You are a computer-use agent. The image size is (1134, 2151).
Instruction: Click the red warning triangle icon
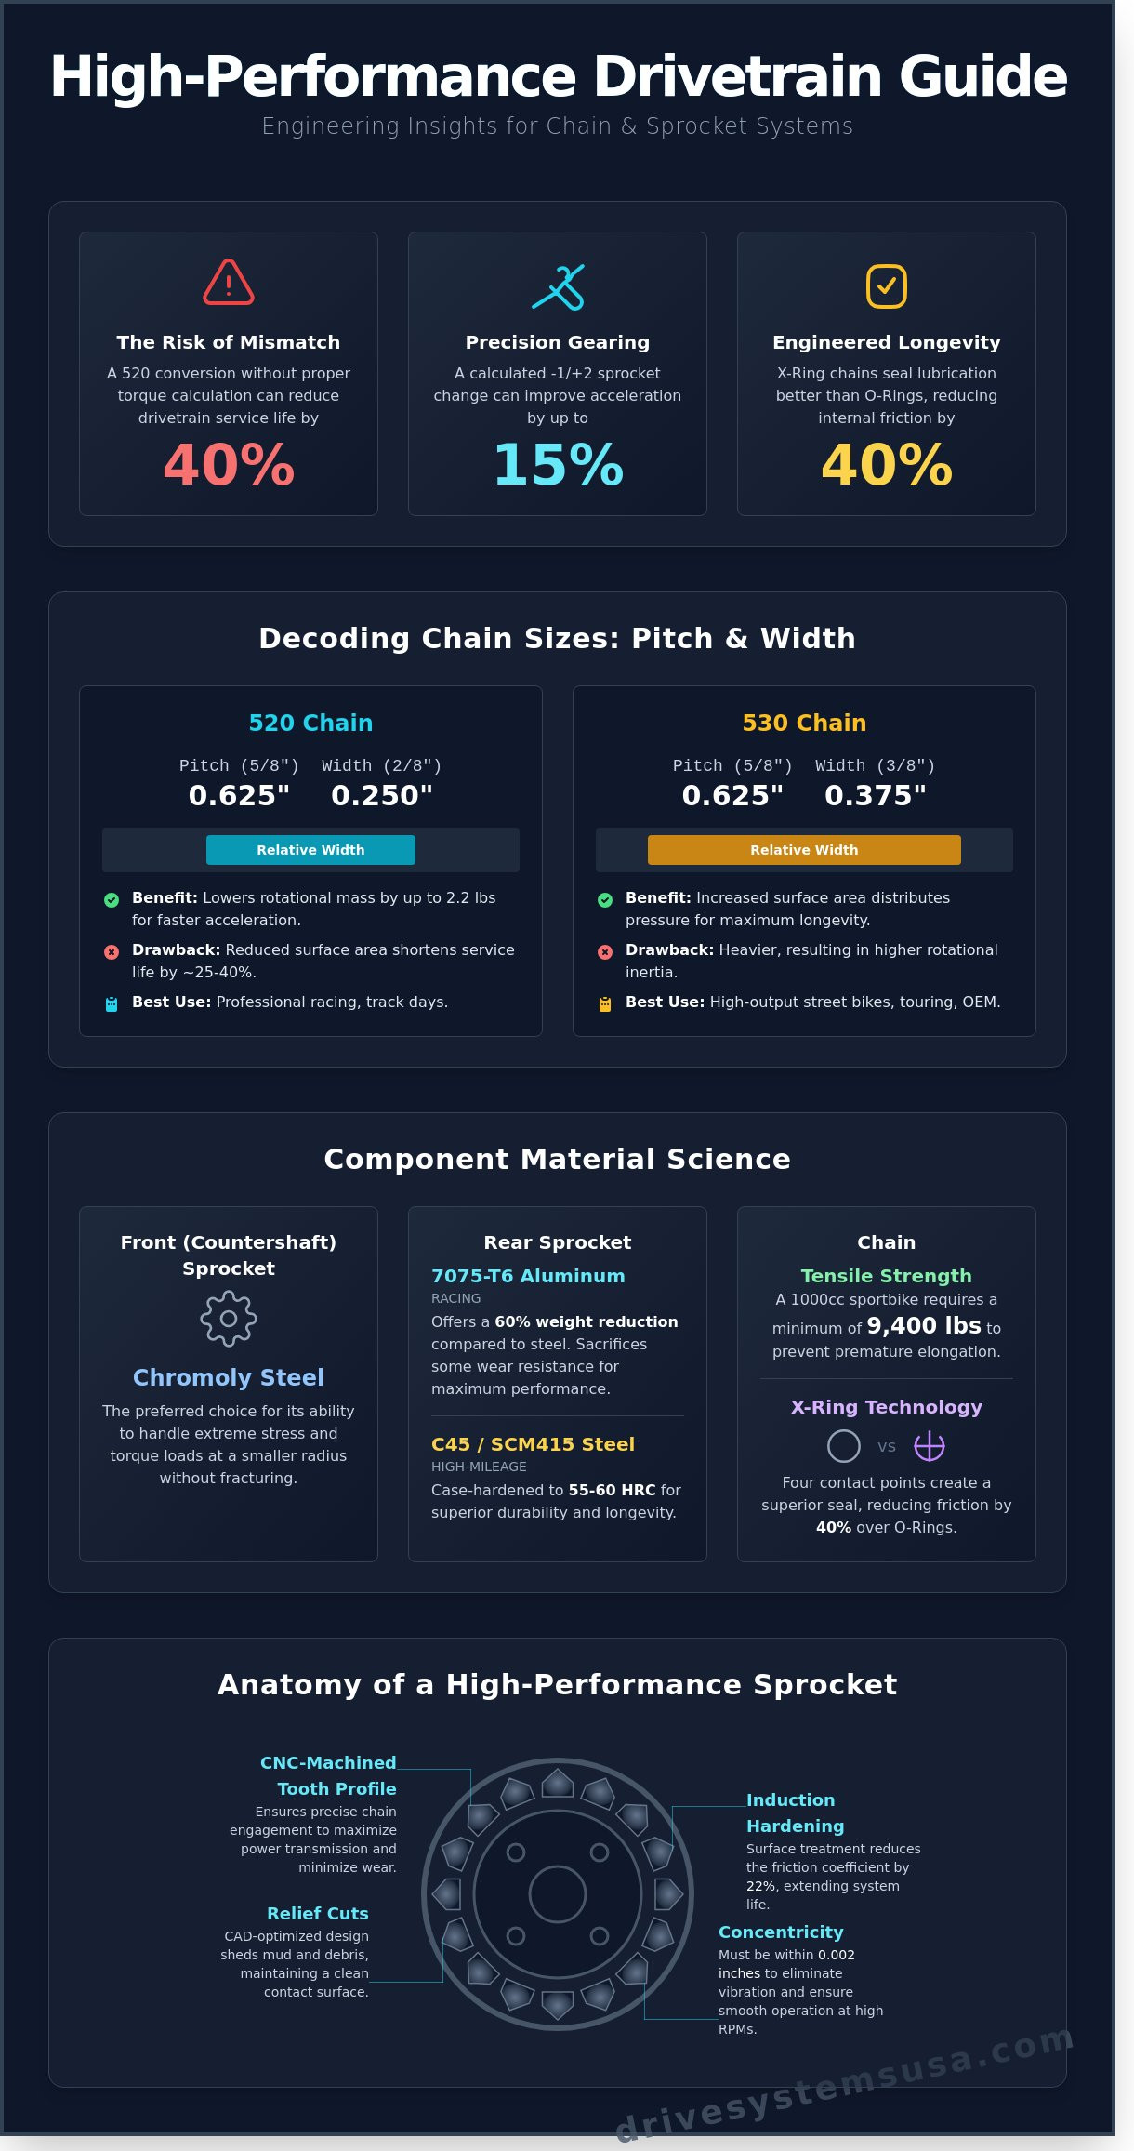tap(229, 283)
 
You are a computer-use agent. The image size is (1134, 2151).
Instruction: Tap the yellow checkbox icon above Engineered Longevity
tap(887, 285)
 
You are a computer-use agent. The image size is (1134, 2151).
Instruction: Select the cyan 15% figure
tap(558, 465)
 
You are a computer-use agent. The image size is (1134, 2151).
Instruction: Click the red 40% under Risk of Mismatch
tap(229, 465)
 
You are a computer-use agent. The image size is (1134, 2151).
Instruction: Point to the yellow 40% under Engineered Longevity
tap(887, 465)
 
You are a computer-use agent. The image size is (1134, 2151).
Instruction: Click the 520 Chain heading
tap(310, 723)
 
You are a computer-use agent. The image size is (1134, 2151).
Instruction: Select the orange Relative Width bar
tap(804, 850)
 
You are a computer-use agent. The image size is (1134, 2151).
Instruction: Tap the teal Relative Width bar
tap(310, 850)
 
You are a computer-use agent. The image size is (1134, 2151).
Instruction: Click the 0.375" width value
tap(876, 796)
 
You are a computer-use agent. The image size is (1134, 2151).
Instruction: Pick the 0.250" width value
tap(382, 796)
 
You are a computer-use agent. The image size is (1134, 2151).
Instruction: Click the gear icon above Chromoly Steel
tap(229, 1319)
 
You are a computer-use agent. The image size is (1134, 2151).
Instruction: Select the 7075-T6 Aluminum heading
tap(528, 1276)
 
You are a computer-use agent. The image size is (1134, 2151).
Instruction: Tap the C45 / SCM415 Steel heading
tap(533, 1444)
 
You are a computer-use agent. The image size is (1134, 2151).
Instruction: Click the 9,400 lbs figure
tap(924, 1325)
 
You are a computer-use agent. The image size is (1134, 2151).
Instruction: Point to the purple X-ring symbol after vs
tap(930, 1446)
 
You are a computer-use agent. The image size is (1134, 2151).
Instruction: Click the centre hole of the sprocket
tap(558, 1893)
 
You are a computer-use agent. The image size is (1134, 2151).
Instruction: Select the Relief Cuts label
tap(318, 1913)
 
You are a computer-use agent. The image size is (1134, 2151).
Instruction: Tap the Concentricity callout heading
tap(781, 1932)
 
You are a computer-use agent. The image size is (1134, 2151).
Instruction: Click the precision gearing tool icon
tap(558, 286)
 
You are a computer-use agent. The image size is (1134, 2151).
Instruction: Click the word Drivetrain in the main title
tap(739, 76)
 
